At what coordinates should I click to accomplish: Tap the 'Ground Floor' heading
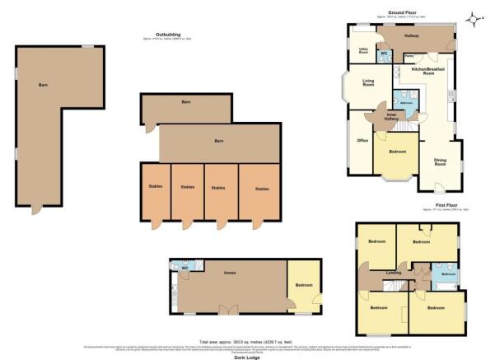401,12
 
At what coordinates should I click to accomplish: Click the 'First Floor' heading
447,205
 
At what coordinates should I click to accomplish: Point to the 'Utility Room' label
363,51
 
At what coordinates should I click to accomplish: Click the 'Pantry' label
409,58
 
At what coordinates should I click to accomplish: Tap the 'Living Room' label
368,82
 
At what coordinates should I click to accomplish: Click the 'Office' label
362,141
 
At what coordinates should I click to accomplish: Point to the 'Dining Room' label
440,162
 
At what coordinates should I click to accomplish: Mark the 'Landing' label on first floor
393,273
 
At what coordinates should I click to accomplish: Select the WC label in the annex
185,269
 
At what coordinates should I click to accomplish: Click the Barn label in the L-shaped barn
44,85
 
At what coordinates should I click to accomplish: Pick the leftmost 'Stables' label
156,187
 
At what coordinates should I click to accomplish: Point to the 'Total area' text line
248,341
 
